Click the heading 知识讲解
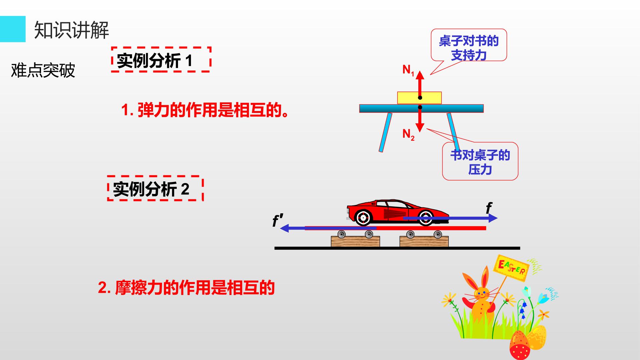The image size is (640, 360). point(72,30)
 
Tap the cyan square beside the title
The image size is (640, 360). point(13,29)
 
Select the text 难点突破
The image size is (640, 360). point(43,70)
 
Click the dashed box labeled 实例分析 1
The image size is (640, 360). point(161,59)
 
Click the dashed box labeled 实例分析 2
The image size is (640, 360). point(155,188)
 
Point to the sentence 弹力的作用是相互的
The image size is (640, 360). point(205,110)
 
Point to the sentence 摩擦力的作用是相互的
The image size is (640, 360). point(186,288)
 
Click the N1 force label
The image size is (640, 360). point(408,70)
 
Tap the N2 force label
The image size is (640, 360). point(408,134)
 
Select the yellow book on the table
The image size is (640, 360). point(419,98)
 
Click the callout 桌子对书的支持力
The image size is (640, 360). point(469,45)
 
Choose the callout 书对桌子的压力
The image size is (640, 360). point(480,161)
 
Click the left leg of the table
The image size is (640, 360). point(385,132)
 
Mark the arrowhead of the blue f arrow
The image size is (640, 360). point(493,218)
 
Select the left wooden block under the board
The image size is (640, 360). point(355,241)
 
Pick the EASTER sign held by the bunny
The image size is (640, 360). point(511,269)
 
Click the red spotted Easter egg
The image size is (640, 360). point(520,345)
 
